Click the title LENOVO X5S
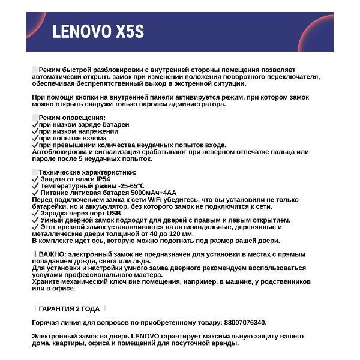[98, 31]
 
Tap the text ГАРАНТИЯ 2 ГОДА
[69, 309]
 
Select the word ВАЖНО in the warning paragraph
[52, 254]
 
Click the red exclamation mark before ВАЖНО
[35, 254]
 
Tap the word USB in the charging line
[114, 213]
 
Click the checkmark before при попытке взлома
[35, 138]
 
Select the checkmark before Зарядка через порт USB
[35, 213]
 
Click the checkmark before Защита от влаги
[35, 178]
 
